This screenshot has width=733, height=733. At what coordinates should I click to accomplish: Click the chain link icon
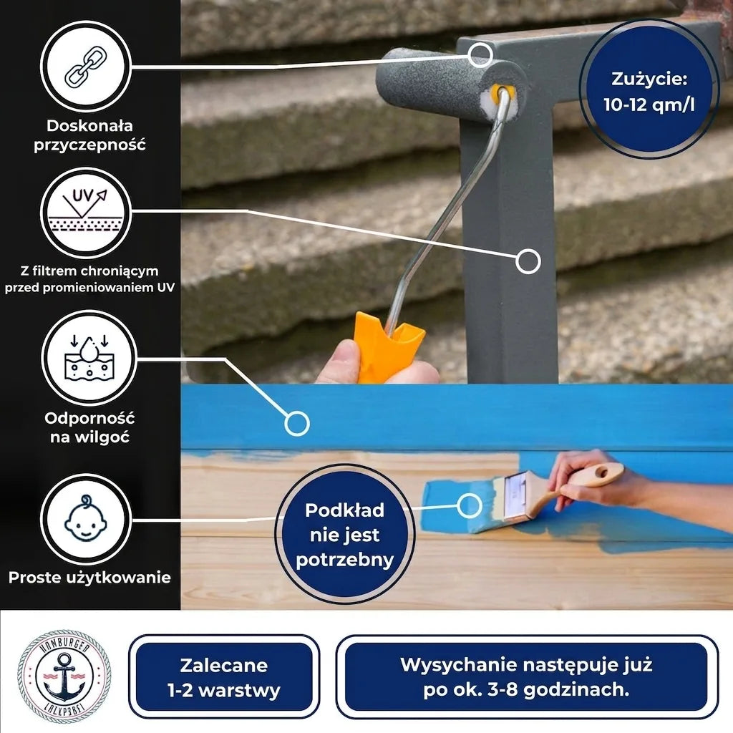point(86,67)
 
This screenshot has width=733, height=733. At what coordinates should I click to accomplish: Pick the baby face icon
point(86,518)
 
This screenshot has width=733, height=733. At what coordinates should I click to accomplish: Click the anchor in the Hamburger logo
point(64,676)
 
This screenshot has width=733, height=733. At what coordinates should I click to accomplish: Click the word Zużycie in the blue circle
point(649,79)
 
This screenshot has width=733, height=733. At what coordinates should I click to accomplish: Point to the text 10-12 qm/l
point(649,105)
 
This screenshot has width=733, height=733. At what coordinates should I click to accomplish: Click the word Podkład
point(344,510)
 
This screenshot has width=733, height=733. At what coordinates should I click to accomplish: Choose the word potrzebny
point(344,560)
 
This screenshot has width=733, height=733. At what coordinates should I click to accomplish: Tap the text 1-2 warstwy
point(224,691)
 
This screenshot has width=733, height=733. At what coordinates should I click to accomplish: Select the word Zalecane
point(224,665)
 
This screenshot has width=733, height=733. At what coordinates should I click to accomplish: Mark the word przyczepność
point(89,145)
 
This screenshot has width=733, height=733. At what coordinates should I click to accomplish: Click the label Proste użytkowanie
point(89,578)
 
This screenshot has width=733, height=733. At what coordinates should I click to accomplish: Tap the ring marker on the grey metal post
point(528,261)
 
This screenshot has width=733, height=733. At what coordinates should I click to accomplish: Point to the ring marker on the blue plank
point(297,424)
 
